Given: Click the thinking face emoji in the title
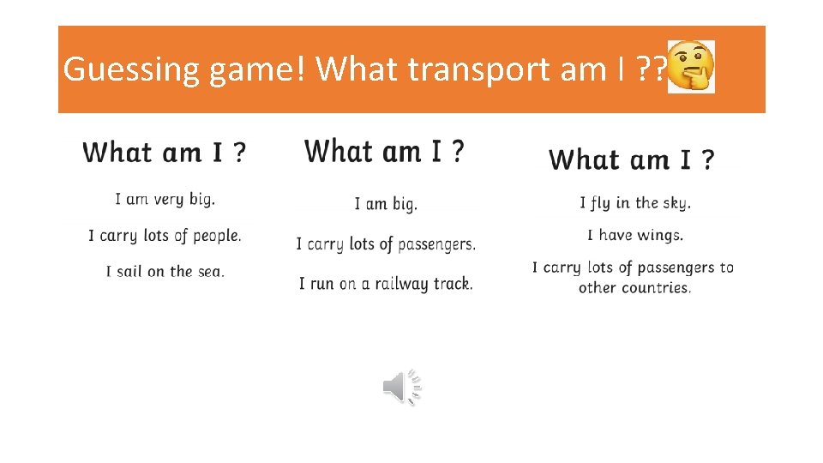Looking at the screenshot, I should coord(690,66).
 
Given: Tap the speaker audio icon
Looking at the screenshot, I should coord(402,388).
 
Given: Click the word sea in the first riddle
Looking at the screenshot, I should coord(210,271).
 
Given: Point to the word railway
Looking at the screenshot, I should coord(394,283).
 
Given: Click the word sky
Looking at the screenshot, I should coord(676,203).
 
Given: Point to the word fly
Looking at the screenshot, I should coord(599,203).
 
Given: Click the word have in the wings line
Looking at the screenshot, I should coord(615,235).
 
